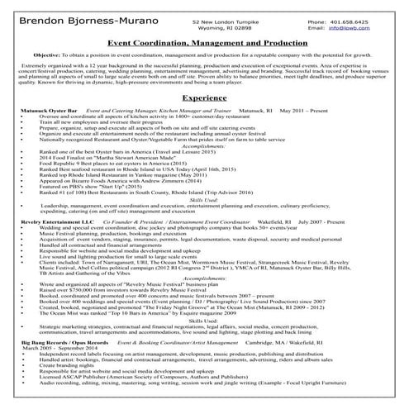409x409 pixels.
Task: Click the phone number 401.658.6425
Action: click(x=358, y=17)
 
